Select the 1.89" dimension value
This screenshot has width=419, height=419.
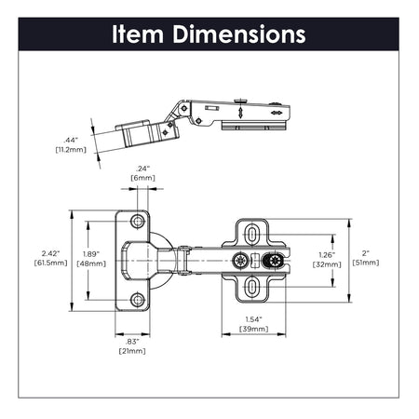coord(93,252)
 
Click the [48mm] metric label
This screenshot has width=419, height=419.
coord(93,264)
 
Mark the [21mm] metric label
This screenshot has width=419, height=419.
coord(131,351)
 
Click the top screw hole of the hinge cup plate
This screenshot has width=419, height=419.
coord(138,222)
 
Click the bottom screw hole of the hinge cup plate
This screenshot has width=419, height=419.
coord(138,300)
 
